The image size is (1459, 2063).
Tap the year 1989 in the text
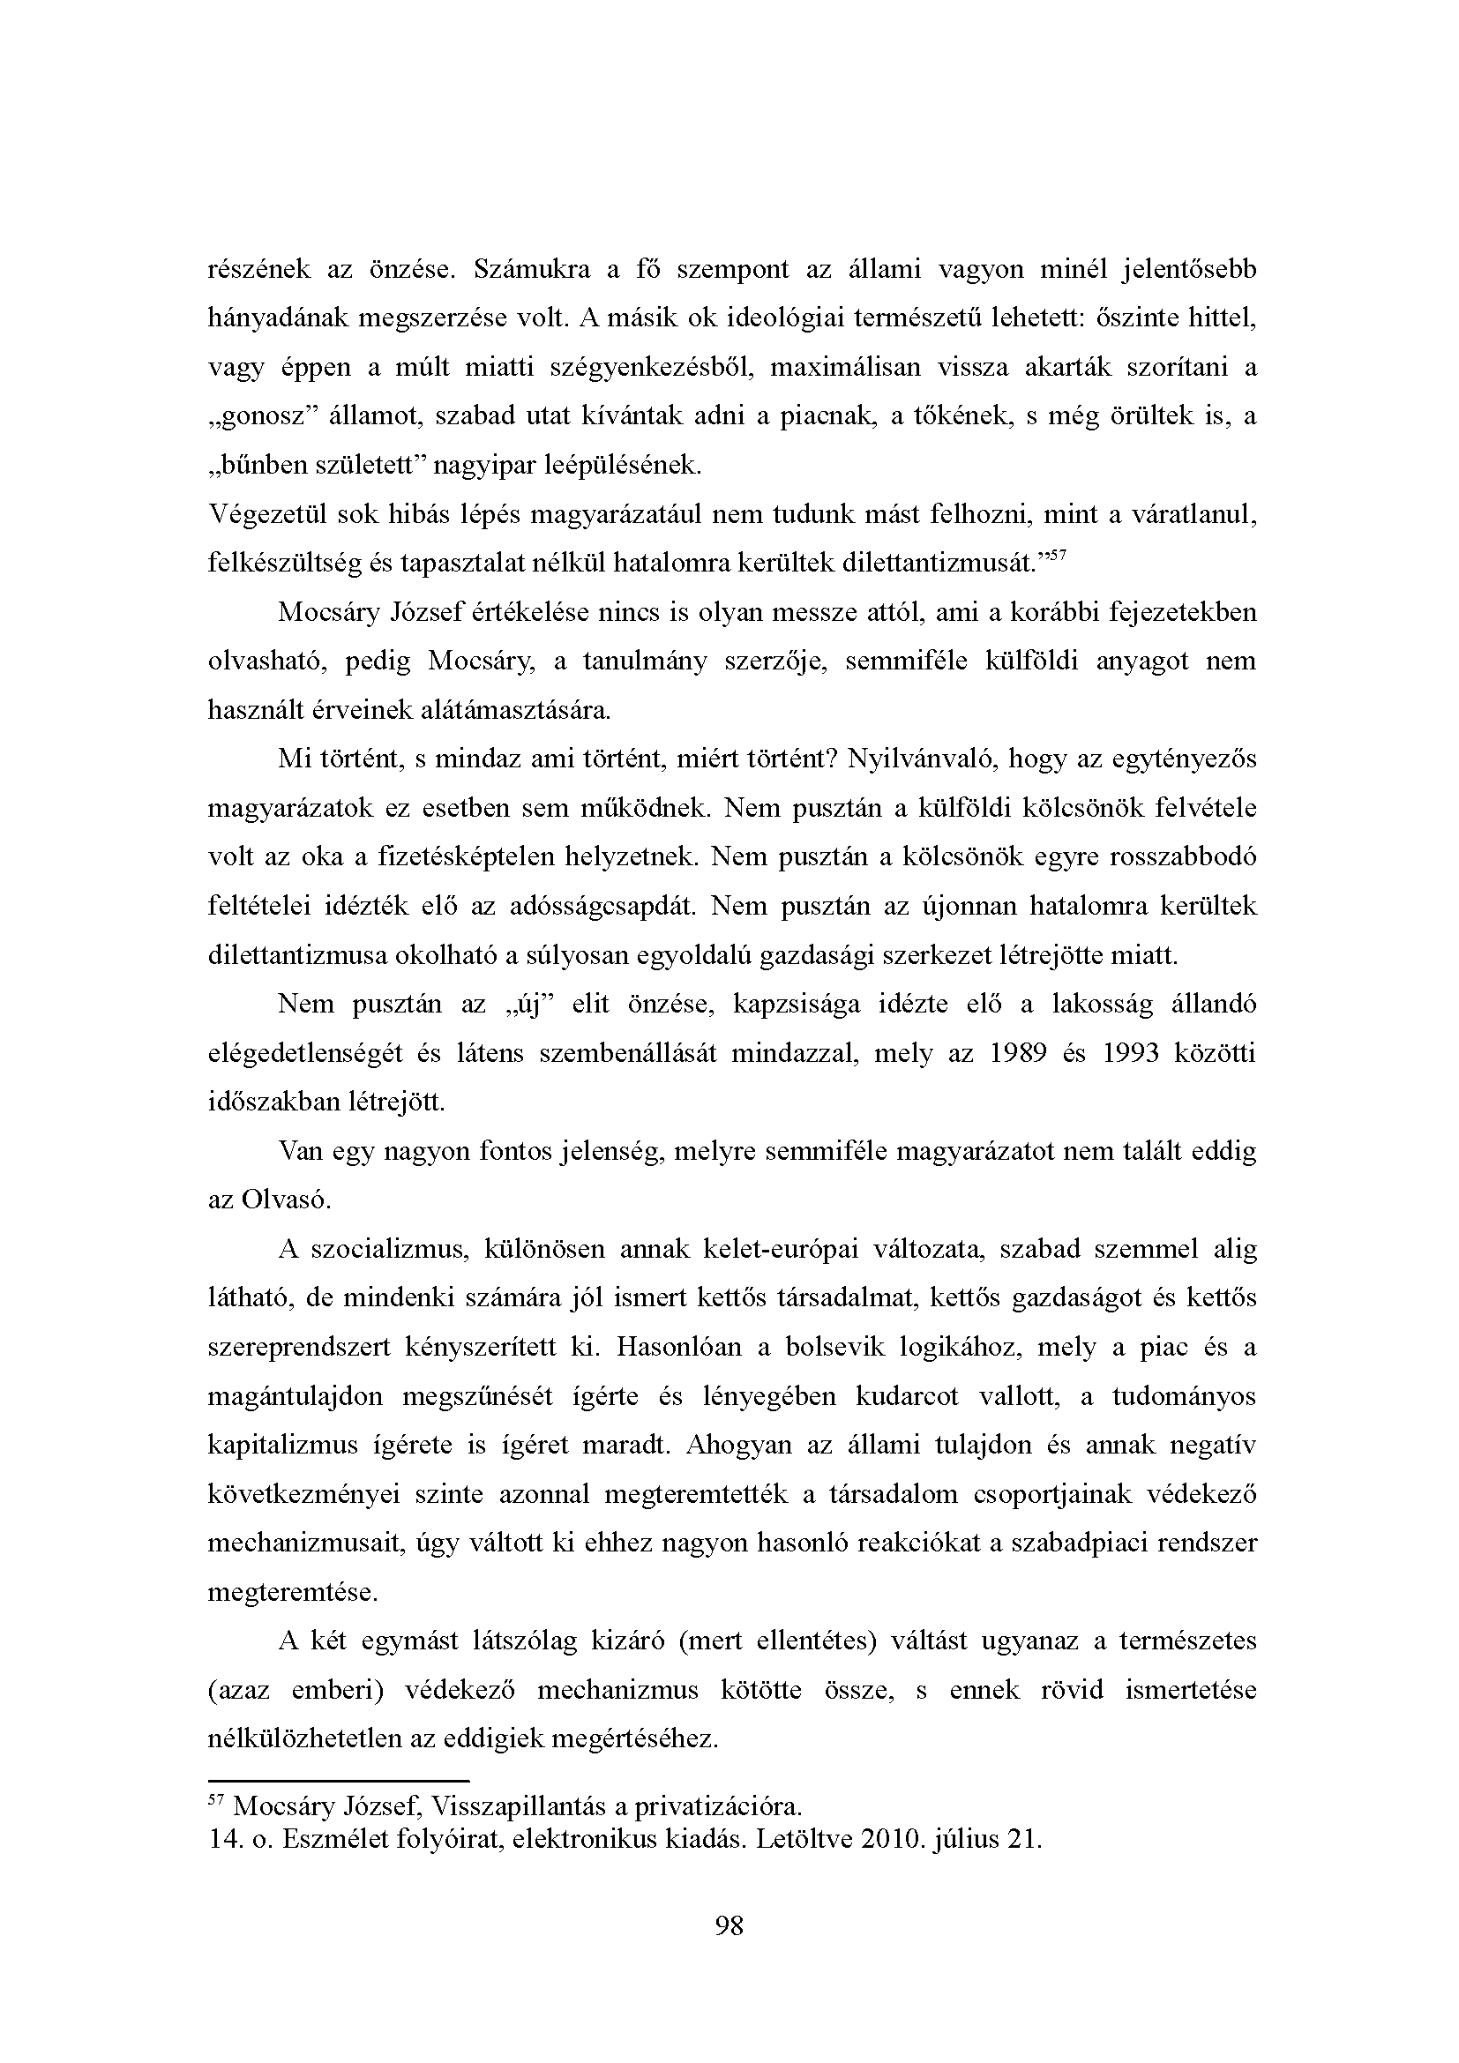pos(1017,1053)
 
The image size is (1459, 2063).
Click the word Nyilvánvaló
pos(920,759)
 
